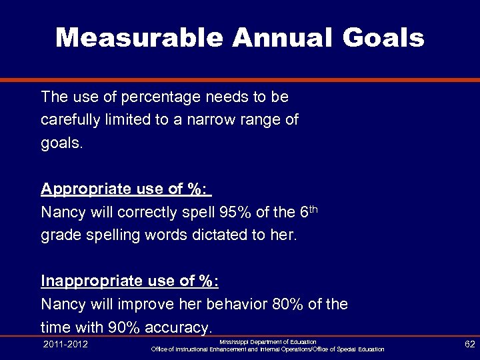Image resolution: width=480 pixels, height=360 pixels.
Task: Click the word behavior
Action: pos(237,305)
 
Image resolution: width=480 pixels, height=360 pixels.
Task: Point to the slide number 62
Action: pos(451,345)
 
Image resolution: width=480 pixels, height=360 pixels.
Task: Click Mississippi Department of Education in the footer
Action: pos(267,341)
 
